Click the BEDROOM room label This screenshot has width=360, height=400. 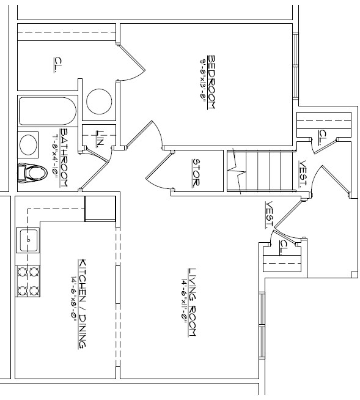tap(211, 82)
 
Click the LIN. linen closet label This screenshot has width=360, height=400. tap(100, 139)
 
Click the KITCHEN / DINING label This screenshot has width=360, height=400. tap(81, 303)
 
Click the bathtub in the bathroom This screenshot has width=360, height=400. tap(47, 111)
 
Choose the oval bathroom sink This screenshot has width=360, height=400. tap(29, 145)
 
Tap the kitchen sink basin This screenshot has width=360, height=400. tap(28, 239)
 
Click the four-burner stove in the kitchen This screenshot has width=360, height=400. tap(28, 280)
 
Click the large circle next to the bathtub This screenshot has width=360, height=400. tap(98, 101)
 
